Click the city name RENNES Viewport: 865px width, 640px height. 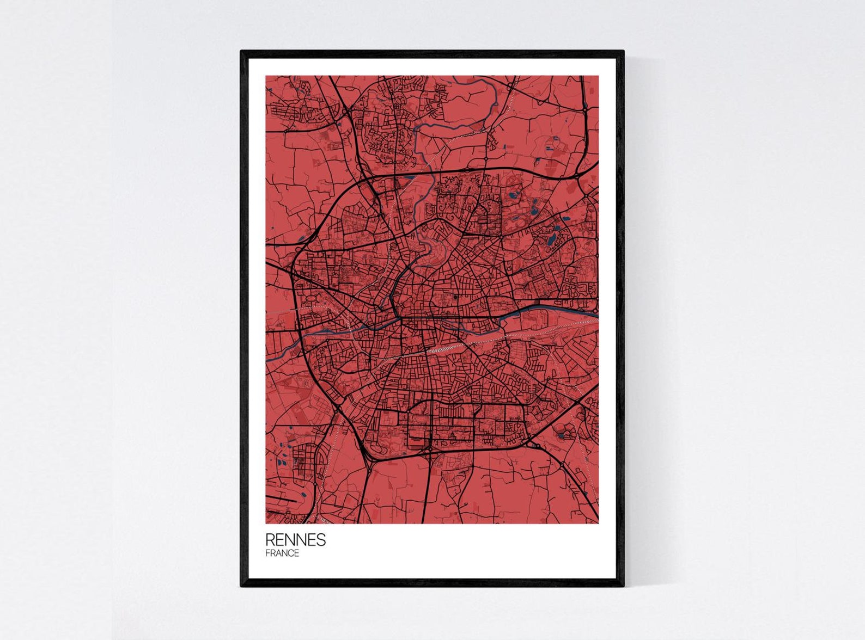pyautogui.click(x=295, y=539)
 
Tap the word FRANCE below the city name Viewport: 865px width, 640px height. pyautogui.click(x=282, y=553)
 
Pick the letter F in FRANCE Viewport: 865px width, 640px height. pyautogui.click(x=267, y=553)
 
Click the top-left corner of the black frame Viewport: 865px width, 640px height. pyautogui.click(x=241, y=51)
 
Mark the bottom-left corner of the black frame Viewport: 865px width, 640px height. pyautogui.click(x=241, y=586)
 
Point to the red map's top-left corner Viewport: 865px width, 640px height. pyautogui.click(x=266, y=76)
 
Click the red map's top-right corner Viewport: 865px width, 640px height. pyautogui.click(x=598, y=76)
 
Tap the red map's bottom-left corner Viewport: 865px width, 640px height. pyautogui.click(x=266, y=523)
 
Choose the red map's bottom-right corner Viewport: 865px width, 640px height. pyautogui.click(x=598, y=523)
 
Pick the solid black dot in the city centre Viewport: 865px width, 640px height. pyautogui.click(x=454, y=297)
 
